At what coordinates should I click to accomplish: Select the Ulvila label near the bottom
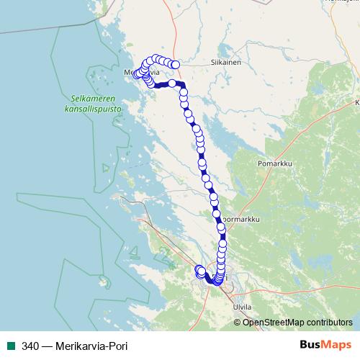pos(243,307)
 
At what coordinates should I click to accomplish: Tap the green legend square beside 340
pos(10,345)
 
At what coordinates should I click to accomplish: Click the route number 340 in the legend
pos(31,345)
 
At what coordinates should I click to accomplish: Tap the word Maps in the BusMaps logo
pos(336,345)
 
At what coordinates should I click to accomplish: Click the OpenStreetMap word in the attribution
pos(277,322)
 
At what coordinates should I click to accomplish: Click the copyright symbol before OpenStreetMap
pos(238,322)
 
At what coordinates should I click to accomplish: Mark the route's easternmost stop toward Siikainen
pos(175,65)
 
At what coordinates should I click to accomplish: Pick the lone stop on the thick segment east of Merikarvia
pos(172,84)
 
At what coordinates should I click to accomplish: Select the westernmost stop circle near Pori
pos(199,269)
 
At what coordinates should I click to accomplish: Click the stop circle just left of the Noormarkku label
pos(216,213)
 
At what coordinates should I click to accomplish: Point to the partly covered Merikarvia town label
pos(141,73)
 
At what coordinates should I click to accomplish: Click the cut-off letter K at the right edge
pos(356,103)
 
